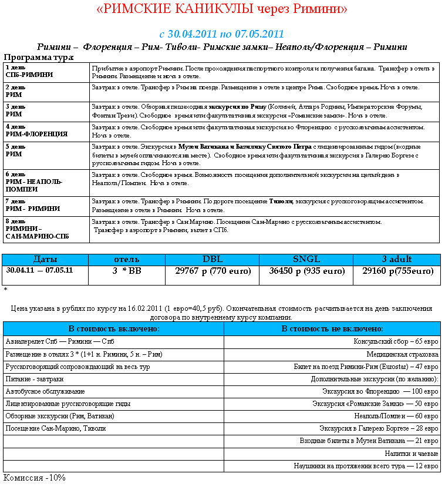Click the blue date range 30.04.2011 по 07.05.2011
[x=221, y=33]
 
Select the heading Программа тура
[x=38, y=58]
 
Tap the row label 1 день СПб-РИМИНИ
[x=29, y=72]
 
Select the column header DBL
[x=213, y=260]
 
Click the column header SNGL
[x=306, y=260]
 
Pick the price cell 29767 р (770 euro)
[x=213, y=271]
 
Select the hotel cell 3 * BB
[x=127, y=271]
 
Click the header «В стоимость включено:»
[x=114, y=328]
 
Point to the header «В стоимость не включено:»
[x=332, y=328]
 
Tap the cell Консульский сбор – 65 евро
[x=396, y=341]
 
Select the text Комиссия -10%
[x=35, y=478]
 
